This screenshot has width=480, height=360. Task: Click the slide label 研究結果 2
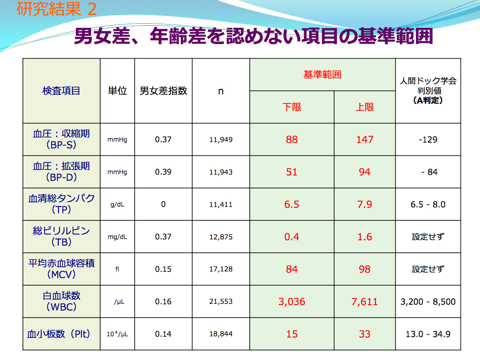click(57, 9)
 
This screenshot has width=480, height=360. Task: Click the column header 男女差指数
click(163, 91)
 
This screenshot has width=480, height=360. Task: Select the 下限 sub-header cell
click(292, 107)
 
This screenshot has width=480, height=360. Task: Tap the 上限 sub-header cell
click(364, 107)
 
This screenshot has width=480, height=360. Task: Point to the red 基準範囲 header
click(322, 75)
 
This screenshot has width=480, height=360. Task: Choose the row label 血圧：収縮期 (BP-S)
click(61, 139)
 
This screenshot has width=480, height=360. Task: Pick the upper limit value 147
click(364, 139)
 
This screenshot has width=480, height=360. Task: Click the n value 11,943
click(221, 172)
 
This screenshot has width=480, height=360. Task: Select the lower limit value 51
click(292, 172)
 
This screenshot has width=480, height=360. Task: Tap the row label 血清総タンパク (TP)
click(61, 204)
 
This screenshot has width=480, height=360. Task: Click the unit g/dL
click(117, 205)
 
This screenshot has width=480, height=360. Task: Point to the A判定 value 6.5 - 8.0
click(428, 205)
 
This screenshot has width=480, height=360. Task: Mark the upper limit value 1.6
click(364, 237)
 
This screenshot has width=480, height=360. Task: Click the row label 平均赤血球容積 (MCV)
click(61, 269)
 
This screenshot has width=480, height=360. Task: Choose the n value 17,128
click(221, 269)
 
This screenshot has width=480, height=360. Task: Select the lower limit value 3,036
click(292, 301)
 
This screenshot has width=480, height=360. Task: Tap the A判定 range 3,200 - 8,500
click(428, 301)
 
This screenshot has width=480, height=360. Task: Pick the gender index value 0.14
click(163, 334)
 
